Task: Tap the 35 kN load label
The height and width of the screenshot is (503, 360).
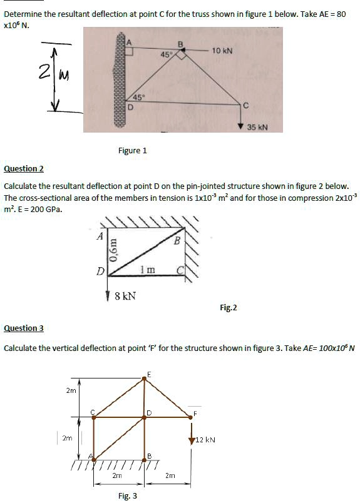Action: coord(257,127)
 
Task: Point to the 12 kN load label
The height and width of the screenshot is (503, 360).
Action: coord(206,440)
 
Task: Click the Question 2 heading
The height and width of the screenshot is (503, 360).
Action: coord(24,169)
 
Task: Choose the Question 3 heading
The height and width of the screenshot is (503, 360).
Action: coord(24,328)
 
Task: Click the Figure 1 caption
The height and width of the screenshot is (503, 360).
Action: coord(133,150)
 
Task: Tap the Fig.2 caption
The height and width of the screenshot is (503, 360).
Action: coord(229,307)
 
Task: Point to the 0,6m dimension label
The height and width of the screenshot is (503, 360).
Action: coord(113,248)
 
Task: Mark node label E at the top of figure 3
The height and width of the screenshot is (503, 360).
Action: coord(148,373)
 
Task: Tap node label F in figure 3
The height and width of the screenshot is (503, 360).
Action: coord(195,412)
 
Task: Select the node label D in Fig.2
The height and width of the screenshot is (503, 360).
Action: coord(100,272)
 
